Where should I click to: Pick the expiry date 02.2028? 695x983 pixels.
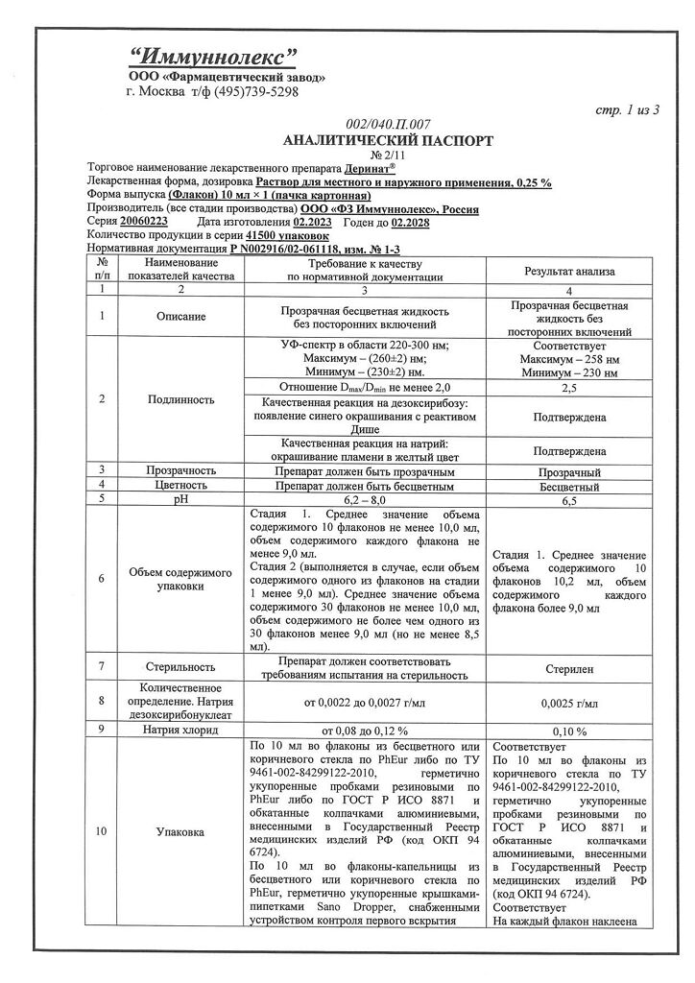coord(410,222)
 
